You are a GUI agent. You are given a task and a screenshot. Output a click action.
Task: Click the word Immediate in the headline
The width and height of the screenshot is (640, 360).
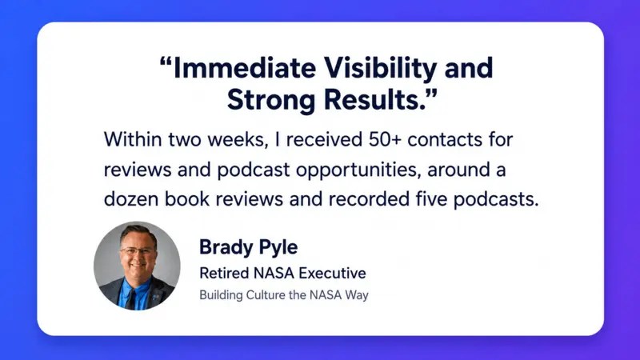245,68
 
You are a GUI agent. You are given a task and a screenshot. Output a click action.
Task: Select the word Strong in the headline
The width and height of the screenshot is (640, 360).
271,101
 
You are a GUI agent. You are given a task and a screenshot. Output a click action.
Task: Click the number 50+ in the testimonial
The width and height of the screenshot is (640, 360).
385,139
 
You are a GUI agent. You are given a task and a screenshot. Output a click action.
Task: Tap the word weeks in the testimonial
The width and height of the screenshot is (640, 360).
235,139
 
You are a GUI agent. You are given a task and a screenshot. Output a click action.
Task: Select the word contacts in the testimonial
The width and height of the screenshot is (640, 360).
445,140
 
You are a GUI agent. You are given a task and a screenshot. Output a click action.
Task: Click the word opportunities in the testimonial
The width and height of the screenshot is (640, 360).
358,170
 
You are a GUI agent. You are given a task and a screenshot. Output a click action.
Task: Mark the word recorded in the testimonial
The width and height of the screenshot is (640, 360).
369,198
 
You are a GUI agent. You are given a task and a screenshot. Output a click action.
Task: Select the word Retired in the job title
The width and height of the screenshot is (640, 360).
223,273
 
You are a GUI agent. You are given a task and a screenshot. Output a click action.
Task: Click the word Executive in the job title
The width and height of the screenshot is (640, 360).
330,273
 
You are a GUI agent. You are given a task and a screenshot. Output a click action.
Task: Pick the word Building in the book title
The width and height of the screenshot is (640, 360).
221,295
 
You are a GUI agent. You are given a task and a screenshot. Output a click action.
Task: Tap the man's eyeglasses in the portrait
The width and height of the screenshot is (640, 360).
137,250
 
